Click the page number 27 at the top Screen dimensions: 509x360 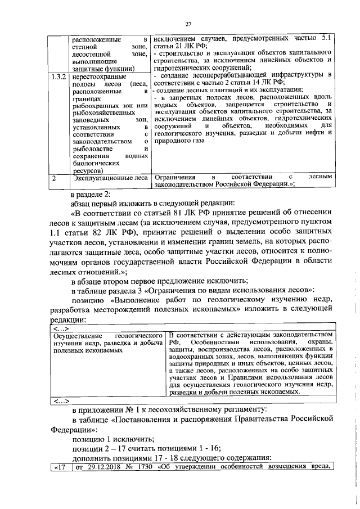pos(189,22)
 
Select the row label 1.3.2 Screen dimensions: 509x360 pos(57,75)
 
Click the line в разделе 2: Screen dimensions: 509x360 pos(94,194)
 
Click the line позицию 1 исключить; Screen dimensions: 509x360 pos(113,439)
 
